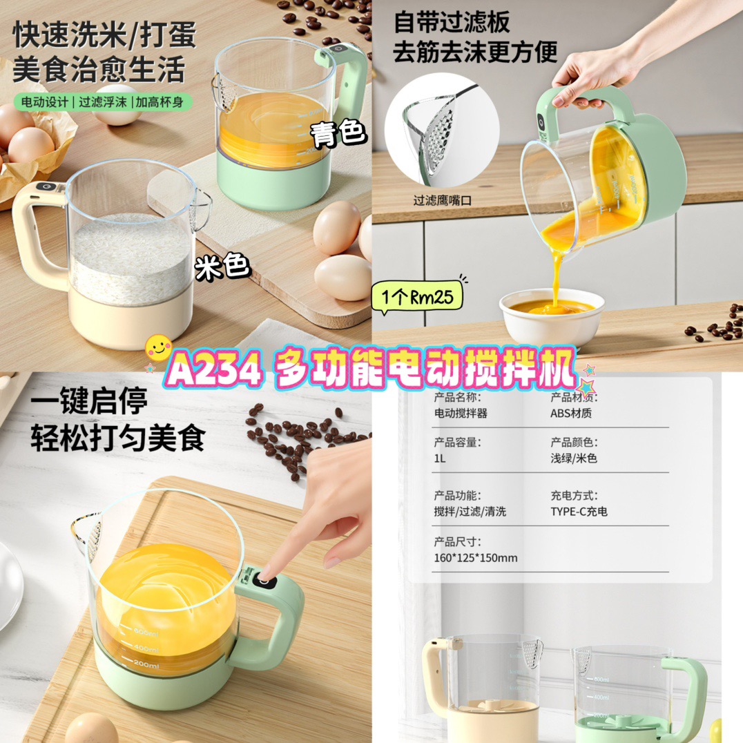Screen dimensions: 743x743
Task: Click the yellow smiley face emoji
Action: [158, 348]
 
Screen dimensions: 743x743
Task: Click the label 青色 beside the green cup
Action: [338, 134]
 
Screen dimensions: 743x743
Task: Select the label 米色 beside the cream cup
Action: [222, 267]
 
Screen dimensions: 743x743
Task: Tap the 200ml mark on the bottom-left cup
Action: [146, 665]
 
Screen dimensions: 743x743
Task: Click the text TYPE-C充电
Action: [579, 512]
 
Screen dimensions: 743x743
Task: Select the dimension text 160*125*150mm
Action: [475, 558]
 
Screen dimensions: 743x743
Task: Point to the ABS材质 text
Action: [571, 413]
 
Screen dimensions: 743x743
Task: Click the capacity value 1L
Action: [439, 459]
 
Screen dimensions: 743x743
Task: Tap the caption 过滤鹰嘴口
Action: [442, 200]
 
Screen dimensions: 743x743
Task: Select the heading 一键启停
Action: [89, 401]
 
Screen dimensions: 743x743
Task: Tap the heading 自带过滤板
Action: [452, 22]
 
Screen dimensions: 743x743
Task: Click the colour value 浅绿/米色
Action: [573, 459]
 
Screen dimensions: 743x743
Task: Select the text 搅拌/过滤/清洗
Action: [470, 512]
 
